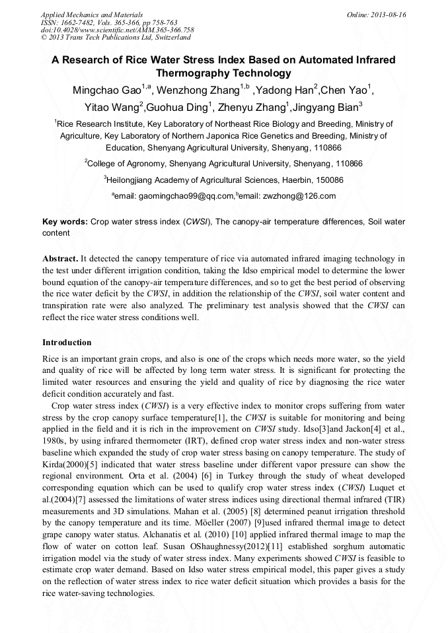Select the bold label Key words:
65,222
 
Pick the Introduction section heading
67,343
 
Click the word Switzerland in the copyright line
165,38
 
